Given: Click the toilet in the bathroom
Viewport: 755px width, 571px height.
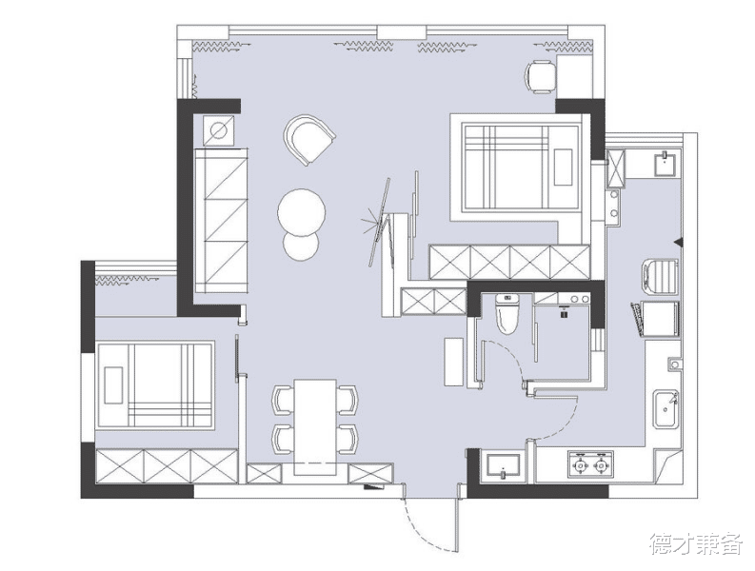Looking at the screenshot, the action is [507, 314].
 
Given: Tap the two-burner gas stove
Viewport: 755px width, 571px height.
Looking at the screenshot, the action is [591, 464].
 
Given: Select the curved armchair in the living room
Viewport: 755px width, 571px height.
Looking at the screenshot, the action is [308, 139].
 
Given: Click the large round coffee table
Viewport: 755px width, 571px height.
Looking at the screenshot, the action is [302, 212].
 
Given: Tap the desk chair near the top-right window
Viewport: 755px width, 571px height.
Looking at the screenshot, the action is [541, 76].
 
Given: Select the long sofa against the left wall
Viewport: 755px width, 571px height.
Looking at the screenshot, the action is [221, 221].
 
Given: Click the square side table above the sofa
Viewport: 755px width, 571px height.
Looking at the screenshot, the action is [219, 130].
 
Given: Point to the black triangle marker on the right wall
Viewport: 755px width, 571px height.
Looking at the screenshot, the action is [679, 242].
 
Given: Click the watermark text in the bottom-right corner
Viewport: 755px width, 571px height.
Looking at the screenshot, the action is [696, 543].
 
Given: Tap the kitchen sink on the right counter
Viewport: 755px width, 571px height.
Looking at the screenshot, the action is [666, 409].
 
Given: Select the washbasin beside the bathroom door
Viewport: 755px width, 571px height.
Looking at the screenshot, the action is [503, 465].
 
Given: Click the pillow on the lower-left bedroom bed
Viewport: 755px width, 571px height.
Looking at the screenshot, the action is [113, 385].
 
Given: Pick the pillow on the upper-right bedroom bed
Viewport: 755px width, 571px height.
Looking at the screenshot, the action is [563, 167].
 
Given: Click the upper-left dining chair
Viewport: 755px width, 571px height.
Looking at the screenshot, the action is [283, 400].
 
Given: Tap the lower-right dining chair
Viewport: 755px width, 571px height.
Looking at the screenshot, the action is [348, 439].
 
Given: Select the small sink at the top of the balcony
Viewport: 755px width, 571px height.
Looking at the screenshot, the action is [666, 163].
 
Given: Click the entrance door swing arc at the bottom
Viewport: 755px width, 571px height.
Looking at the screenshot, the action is [424, 532].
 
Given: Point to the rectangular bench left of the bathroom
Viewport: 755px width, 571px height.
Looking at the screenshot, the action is [453, 362].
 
